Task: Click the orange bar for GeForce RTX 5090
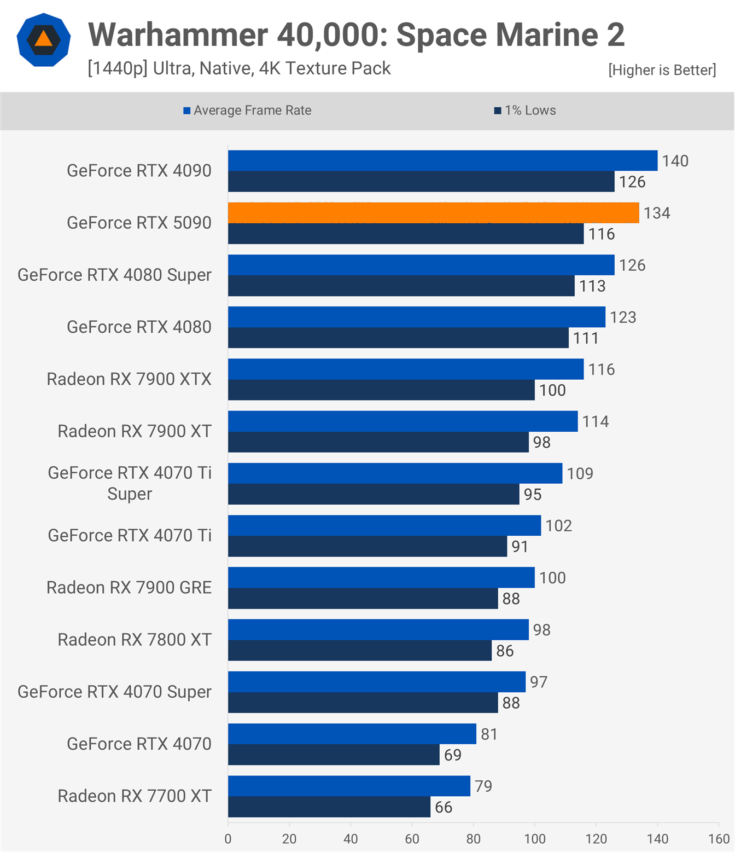(x=433, y=213)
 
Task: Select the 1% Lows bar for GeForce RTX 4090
(x=421, y=182)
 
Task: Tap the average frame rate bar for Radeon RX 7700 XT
(x=349, y=786)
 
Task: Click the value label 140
(x=675, y=161)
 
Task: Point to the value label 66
(x=444, y=807)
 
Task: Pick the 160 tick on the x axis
(x=719, y=839)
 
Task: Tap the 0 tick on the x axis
(x=228, y=839)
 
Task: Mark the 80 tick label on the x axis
(x=473, y=839)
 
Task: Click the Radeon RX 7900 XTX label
(x=129, y=379)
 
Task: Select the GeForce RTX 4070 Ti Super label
(x=130, y=483)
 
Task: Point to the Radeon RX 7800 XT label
(x=135, y=640)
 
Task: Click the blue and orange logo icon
(x=44, y=40)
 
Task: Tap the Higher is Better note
(x=662, y=70)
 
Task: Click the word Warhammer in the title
(x=178, y=35)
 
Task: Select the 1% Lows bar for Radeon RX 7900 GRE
(x=363, y=599)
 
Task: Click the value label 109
(x=580, y=473)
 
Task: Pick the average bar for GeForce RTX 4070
(x=352, y=734)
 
